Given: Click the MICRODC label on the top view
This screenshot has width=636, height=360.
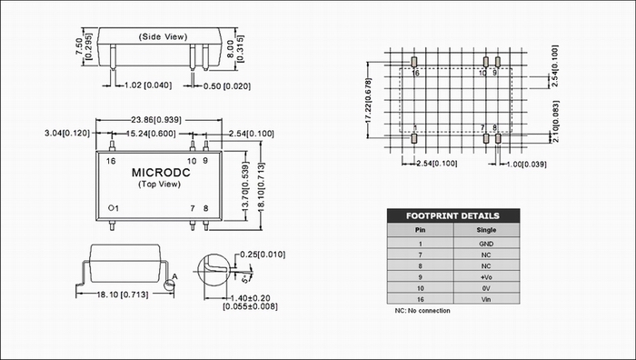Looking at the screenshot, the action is [x=161, y=173].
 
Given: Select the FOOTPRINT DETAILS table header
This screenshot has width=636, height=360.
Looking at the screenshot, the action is [x=453, y=215].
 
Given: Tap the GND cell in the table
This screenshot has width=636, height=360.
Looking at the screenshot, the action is [x=486, y=244].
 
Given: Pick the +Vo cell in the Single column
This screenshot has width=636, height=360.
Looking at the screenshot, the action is [x=486, y=277].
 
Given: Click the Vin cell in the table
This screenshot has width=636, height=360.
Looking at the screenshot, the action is [x=486, y=299].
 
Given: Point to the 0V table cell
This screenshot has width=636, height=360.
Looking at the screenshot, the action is [x=486, y=288].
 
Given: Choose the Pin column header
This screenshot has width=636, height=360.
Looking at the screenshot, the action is [x=420, y=230].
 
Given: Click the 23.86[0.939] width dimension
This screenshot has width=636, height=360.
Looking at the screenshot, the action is [x=156, y=120].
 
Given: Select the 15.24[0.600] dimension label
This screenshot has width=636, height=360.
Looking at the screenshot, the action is [x=151, y=134].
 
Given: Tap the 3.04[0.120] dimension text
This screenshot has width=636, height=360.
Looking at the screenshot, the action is [x=67, y=133].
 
